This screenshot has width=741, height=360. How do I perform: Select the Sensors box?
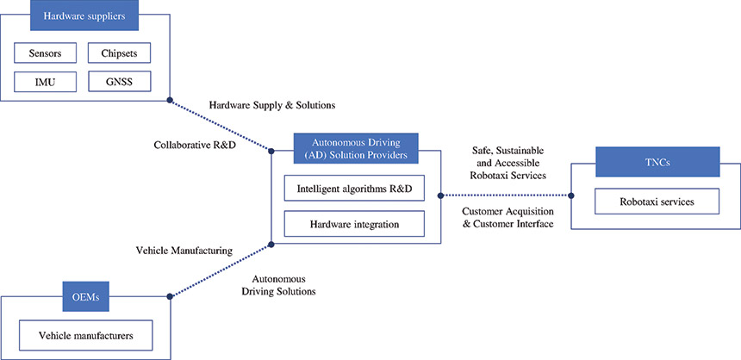(45, 53)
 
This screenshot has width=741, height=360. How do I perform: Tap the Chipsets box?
(120, 53)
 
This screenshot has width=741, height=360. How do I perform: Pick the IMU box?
(45, 82)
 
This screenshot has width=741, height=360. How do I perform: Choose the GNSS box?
(120, 82)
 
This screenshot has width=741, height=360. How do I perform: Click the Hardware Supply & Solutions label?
(271, 105)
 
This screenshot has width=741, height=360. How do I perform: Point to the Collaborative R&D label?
(196, 145)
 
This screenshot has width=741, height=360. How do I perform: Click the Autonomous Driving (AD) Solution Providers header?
(356, 147)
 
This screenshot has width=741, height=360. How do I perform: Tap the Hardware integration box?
(354, 226)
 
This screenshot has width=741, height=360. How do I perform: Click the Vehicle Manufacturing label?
(184, 251)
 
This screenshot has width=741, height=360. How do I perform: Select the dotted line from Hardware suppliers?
(221, 124)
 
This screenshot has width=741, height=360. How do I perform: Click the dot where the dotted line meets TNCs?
(571, 195)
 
